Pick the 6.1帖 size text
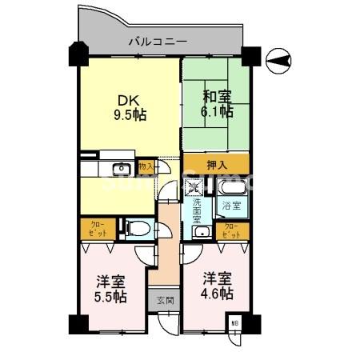(x=216, y=113)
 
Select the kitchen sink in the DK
(x=122, y=169)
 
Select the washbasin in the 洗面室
(x=202, y=232)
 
